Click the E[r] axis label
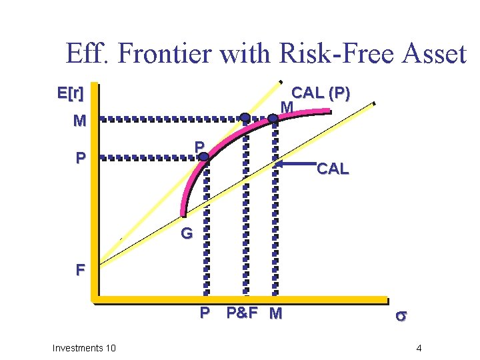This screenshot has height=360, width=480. click(70, 94)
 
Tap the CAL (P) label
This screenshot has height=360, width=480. click(321, 93)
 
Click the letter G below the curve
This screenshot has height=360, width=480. click(186, 234)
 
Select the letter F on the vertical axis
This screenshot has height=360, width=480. click(80, 271)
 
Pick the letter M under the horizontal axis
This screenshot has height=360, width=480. click(275, 313)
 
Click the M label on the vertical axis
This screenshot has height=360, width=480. click(79, 121)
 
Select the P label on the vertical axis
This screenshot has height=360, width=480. click(80, 159)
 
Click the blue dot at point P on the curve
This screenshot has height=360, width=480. click(203, 157)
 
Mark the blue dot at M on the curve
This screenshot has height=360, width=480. click(273, 118)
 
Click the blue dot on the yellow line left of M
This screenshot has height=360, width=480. click(245, 117)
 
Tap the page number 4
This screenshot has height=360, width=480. click(418, 348)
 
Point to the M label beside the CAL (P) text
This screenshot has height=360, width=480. click(287, 107)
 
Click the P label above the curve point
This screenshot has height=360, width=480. click(199, 146)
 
